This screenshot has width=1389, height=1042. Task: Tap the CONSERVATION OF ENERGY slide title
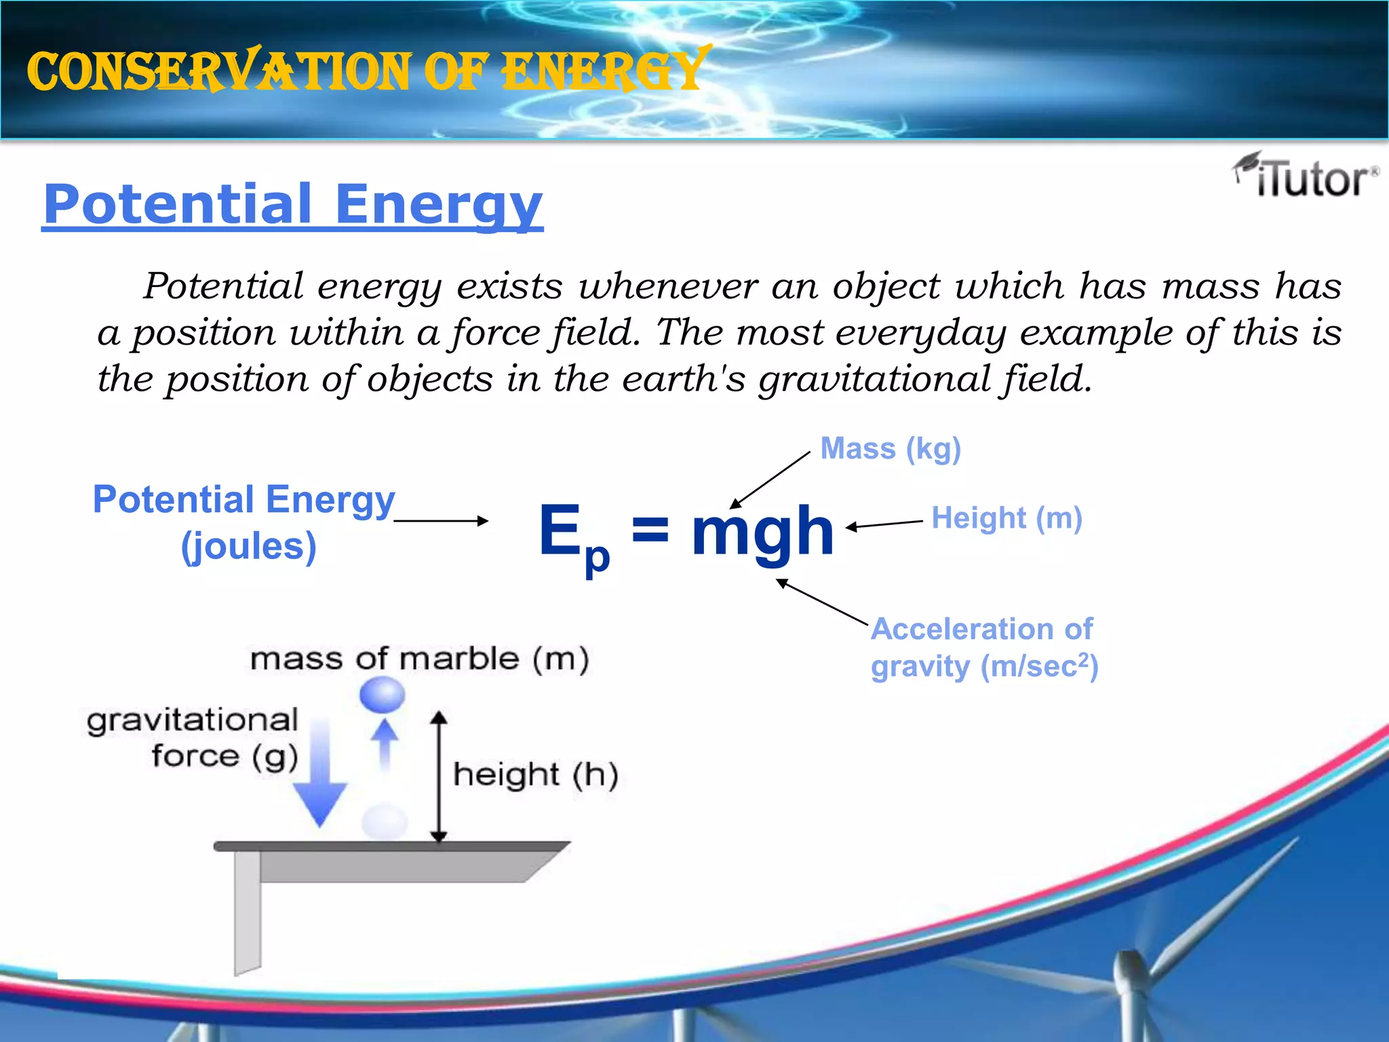pos(368,71)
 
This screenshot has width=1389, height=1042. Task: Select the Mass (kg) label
pos(891,449)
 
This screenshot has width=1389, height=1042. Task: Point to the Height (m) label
pos(1006,518)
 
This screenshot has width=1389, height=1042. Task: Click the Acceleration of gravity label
pos(983,648)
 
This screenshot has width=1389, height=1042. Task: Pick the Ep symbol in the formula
pos(574,536)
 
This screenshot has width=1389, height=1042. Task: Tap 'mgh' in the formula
pos(762,533)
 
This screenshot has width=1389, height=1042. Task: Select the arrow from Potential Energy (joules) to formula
pos(441,521)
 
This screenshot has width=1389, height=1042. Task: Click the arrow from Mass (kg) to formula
pos(770,480)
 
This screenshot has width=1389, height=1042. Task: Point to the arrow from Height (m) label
pos(884,524)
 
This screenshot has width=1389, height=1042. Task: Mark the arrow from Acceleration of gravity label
pos(822,602)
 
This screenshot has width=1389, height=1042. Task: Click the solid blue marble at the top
pos(383,695)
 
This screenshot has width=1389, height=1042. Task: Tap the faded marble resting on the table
pos(385,822)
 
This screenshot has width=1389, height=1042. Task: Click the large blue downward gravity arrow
pos(320,780)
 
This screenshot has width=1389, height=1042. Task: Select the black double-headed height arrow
pos(439,777)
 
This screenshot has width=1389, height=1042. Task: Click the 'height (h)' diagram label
pos(535,775)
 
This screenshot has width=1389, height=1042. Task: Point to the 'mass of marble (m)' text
pos(419,659)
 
